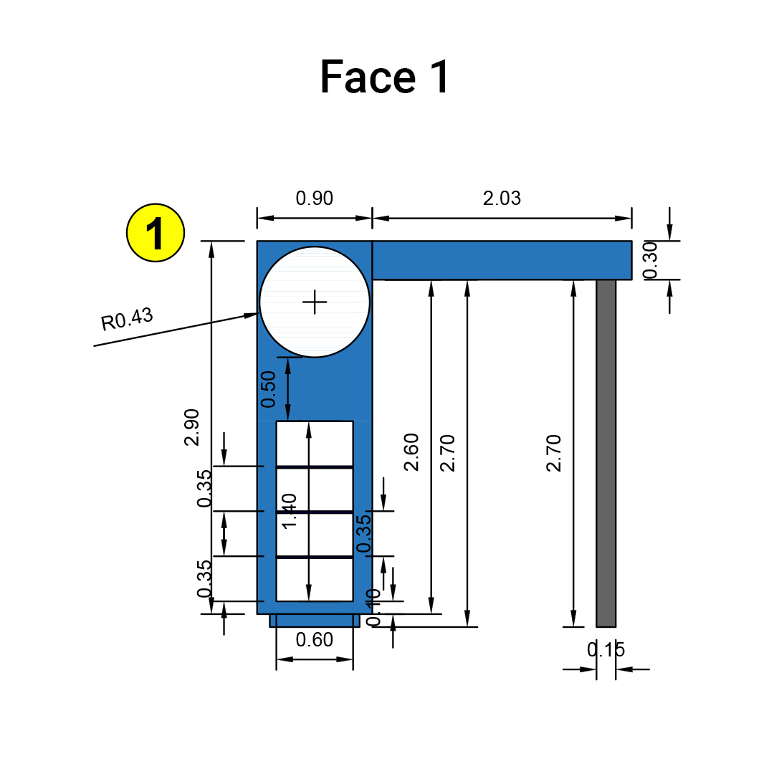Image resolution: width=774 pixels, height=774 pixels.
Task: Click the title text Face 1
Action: (385, 77)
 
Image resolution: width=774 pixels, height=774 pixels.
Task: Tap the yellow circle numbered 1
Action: (156, 233)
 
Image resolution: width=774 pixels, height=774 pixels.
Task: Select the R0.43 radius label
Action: (128, 319)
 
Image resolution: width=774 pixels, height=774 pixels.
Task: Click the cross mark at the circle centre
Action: (315, 302)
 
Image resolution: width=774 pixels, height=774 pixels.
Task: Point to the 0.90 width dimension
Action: (315, 199)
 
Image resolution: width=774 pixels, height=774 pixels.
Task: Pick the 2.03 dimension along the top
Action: (502, 199)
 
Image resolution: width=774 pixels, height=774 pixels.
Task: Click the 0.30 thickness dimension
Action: (650, 260)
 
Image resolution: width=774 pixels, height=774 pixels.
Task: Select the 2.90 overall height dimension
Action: (192, 427)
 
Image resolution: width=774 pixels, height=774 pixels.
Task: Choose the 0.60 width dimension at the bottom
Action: (315, 639)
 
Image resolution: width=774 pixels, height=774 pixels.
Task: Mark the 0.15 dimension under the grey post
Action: (606, 650)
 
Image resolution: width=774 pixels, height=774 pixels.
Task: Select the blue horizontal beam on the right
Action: (502, 260)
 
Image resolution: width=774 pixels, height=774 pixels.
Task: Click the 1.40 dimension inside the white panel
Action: (290, 510)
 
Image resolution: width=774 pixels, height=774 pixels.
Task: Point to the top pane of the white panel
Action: (330, 444)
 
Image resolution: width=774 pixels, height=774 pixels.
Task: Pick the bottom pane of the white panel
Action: (330, 579)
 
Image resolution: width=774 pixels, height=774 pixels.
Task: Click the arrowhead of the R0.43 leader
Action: (252, 313)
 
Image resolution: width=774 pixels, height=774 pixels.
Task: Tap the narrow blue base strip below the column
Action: (315, 621)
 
